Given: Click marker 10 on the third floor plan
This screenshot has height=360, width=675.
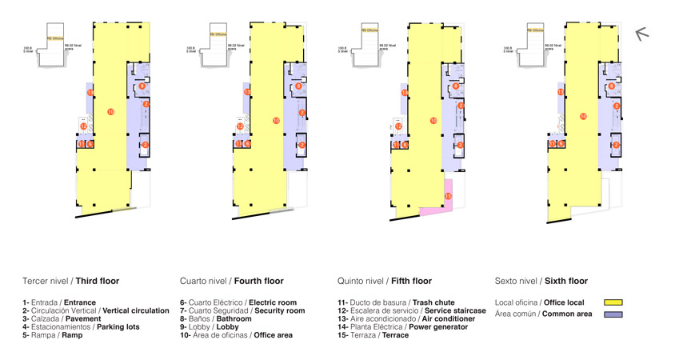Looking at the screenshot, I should click(110, 111).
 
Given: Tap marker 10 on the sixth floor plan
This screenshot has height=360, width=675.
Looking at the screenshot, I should click(583, 117).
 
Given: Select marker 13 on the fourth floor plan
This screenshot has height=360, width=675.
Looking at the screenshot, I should click(247, 93).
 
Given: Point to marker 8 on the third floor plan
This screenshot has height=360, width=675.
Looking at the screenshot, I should click(142, 86).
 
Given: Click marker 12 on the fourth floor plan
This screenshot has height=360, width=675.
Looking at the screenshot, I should click(240, 126).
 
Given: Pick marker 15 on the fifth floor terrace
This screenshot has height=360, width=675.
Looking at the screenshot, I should click(448, 196).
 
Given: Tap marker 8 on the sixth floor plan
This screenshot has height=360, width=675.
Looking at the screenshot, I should click(612, 86).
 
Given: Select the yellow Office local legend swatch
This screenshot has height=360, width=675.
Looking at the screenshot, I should click(613, 302).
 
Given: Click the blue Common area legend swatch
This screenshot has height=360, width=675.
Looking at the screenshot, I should click(613, 314).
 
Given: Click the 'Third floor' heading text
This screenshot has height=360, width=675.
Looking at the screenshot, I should click(98, 282).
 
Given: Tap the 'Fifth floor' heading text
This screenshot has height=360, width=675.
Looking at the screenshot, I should click(411, 282).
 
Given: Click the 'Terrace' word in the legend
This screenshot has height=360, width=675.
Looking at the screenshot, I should click(395, 335).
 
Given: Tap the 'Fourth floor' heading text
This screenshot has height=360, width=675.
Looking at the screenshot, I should click(258, 282).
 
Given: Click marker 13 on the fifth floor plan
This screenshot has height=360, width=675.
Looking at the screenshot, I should click(405, 93).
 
